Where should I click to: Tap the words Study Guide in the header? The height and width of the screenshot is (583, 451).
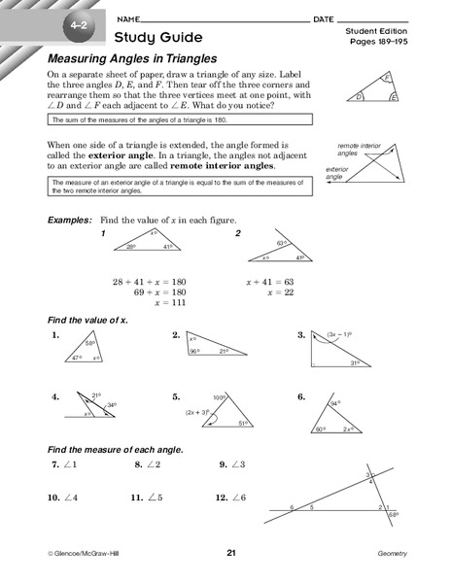point(158,38)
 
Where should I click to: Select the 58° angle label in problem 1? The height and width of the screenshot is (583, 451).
point(89,343)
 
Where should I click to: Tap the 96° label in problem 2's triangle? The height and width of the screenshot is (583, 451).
point(194,351)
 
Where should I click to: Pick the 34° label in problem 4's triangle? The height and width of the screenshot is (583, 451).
point(112,405)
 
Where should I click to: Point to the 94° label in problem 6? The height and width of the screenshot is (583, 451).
point(333,402)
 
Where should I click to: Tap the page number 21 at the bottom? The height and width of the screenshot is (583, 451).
point(231,553)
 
